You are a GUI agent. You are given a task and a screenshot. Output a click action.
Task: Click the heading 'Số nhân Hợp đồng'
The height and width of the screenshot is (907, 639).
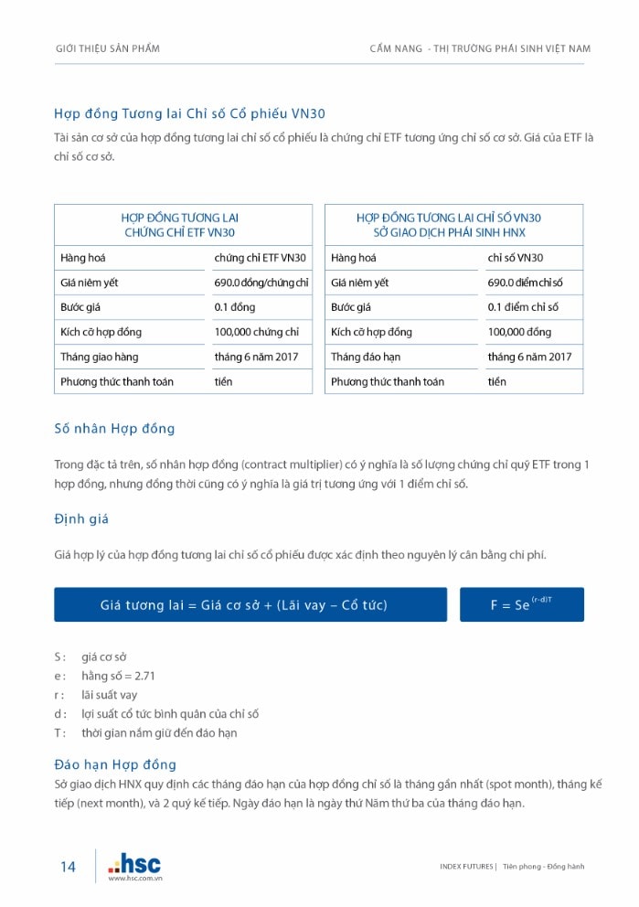[114, 428]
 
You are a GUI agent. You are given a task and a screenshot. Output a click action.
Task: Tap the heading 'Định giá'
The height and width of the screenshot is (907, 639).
[81, 519]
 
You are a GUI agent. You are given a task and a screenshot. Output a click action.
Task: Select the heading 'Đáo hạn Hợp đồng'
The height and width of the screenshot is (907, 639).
[115, 764]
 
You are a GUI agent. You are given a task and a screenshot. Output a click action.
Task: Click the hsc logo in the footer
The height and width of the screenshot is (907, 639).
[134, 863]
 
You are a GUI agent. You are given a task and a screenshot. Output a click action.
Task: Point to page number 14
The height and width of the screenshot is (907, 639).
[69, 867]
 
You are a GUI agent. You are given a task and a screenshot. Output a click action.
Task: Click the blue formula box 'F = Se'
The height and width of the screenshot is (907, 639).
[521, 604]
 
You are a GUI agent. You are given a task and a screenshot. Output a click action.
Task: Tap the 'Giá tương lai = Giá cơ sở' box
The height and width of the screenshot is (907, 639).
[250, 604]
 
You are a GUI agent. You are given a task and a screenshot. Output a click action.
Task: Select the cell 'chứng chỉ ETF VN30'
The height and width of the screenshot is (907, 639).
[261, 258]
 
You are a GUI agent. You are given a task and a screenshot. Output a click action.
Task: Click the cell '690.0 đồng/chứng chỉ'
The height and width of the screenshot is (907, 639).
[261, 283]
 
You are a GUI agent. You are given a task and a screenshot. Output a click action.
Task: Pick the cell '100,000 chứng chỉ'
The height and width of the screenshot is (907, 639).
[257, 332]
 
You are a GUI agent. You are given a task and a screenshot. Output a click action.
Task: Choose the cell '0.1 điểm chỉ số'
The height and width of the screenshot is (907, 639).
[523, 307]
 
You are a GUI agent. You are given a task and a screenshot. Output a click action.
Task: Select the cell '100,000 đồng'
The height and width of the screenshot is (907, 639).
[519, 332]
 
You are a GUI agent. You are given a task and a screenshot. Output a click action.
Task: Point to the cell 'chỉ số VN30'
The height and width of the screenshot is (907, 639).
[515, 258]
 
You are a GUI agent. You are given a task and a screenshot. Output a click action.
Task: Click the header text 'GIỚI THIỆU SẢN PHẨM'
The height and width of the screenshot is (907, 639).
[108, 48]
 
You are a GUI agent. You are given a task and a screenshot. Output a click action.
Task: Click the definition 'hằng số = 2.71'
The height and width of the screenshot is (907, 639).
[118, 675]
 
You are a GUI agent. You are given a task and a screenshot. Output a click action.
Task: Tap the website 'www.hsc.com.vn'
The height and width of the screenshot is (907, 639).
[135, 878]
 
